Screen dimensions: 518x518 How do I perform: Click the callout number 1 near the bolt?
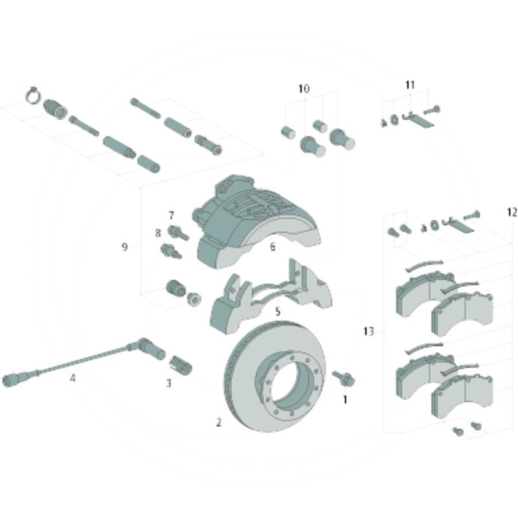[x=345, y=400]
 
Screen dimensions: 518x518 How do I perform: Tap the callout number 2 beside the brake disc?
[x=219, y=422]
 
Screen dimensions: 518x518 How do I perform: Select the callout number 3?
[x=169, y=383]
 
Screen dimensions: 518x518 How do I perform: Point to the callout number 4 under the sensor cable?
[x=73, y=377]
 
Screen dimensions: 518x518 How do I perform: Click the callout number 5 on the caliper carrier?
[x=278, y=311]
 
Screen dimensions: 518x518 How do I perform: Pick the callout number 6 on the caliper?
[x=273, y=247]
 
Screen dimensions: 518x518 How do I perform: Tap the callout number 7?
[x=171, y=216]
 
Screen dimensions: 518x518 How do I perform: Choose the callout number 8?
[x=158, y=233]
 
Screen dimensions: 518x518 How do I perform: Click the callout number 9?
[x=124, y=247]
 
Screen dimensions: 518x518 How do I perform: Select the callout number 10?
[x=304, y=89]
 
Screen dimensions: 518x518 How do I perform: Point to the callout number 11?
[x=410, y=85]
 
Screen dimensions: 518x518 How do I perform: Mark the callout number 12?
[x=512, y=212]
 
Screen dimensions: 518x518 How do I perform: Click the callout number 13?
[x=368, y=331]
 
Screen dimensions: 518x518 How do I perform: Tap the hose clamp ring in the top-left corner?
[x=33, y=95]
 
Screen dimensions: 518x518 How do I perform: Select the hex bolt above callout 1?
[x=344, y=378]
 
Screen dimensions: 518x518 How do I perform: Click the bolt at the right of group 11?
[x=432, y=109]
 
